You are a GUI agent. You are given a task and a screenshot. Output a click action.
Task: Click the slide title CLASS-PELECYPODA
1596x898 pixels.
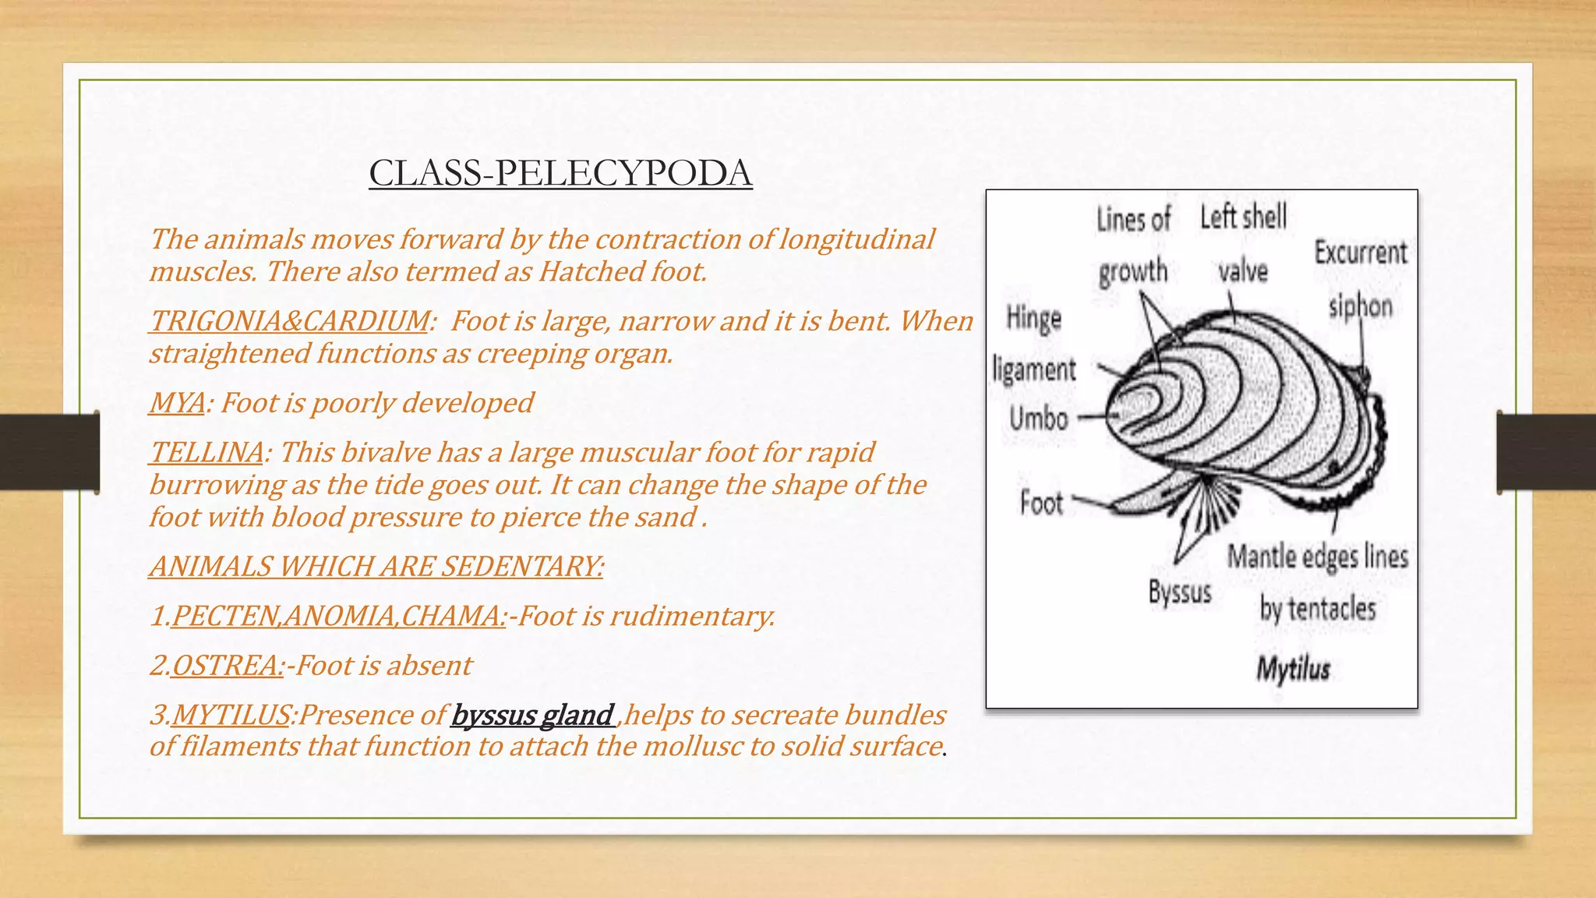(x=560, y=173)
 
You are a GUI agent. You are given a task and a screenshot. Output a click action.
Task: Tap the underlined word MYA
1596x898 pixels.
(x=177, y=403)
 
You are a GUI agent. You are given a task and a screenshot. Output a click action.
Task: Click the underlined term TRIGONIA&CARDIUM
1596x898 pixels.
(x=289, y=320)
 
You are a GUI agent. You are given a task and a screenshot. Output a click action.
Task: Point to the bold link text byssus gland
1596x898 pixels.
(x=532, y=715)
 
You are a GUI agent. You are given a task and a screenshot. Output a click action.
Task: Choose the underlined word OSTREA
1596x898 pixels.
(x=227, y=666)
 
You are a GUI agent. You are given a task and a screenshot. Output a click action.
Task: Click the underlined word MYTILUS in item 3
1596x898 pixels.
(x=231, y=715)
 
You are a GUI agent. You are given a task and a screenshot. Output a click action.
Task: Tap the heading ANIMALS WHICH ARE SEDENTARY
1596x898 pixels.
(x=376, y=566)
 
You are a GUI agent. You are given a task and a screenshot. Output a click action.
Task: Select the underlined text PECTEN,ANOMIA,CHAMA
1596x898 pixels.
(x=338, y=616)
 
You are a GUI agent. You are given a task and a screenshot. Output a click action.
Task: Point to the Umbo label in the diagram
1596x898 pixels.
(x=1038, y=419)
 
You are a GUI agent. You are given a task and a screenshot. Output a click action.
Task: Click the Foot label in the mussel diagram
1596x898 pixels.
(x=1041, y=503)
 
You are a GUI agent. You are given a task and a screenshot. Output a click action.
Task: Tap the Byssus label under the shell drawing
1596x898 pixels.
(x=1180, y=592)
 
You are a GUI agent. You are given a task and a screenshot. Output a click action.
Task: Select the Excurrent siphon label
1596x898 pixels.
(x=1361, y=278)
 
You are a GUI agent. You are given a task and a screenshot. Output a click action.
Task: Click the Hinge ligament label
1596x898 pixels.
(x=1034, y=343)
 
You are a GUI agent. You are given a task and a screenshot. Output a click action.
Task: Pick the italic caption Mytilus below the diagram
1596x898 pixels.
(x=1293, y=669)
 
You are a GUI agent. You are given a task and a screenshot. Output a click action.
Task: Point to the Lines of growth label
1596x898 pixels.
(x=1133, y=245)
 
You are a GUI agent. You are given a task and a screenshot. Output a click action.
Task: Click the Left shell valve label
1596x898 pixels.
(x=1243, y=243)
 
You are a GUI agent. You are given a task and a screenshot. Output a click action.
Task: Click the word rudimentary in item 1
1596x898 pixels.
(x=691, y=616)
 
